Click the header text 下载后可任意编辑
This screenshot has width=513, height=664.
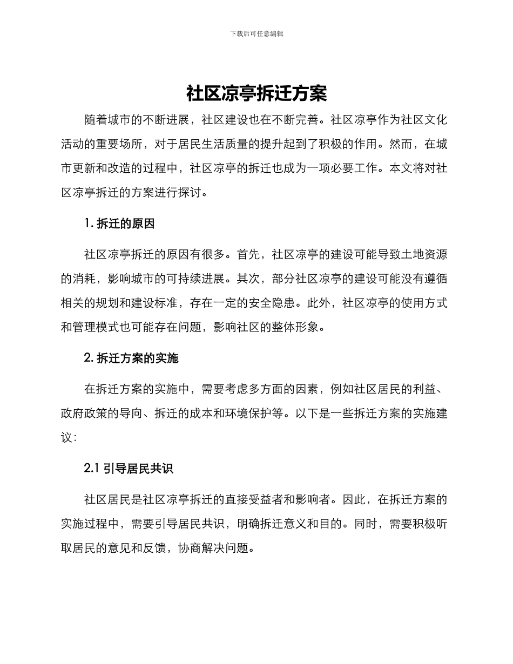point(256,33)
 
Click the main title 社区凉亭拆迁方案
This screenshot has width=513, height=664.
point(256,93)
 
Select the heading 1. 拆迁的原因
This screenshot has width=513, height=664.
point(119,223)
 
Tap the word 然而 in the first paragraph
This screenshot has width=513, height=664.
point(400,144)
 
